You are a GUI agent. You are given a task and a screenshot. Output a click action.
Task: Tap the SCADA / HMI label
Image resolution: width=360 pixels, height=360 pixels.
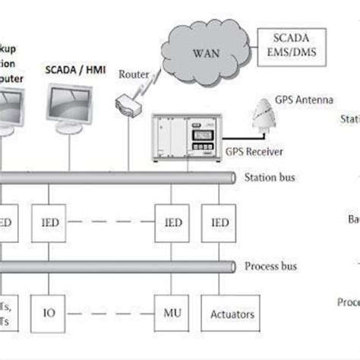pos(74,71)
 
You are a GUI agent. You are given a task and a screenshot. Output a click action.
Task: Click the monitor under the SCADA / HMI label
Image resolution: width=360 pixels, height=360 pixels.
pos(70,110)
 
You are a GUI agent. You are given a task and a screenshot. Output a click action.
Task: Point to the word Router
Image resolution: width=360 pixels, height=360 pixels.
pos(134,74)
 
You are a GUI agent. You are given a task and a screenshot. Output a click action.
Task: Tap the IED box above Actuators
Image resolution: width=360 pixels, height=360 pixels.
pos(220,223)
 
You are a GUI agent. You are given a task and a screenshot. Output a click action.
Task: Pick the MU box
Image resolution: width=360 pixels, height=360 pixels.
pos(172,313)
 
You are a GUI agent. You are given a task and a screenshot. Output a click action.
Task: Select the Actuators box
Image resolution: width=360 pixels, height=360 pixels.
pos(231,313)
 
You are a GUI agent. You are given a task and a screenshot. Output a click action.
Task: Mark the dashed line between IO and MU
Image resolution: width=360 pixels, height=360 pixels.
pos(111,313)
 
